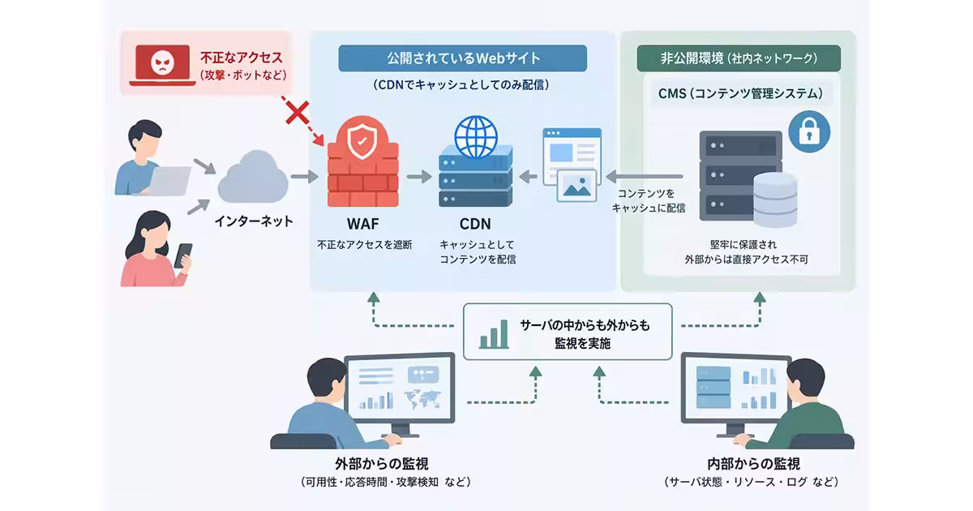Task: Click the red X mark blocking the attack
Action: (x=297, y=113)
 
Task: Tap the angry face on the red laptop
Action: (x=162, y=62)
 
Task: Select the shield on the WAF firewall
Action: (x=362, y=140)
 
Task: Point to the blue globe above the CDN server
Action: (x=476, y=136)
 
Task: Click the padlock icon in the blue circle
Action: (x=809, y=131)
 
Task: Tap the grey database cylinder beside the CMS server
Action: (x=775, y=200)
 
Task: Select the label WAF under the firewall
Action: (x=363, y=224)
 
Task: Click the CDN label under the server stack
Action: (x=475, y=224)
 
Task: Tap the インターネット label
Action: (x=254, y=221)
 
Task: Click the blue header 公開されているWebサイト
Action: (x=463, y=58)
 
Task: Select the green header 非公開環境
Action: (x=739, y=58)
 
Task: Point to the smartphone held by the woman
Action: (x=183, y=255)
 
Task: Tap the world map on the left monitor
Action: (x=422, y=399)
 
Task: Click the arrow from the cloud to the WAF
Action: (x=305, y=177)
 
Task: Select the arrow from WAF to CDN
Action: (x=419, y=177)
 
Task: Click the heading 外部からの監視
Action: (x=382, y=464)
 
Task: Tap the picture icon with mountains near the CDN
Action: (x=577, y=186)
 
